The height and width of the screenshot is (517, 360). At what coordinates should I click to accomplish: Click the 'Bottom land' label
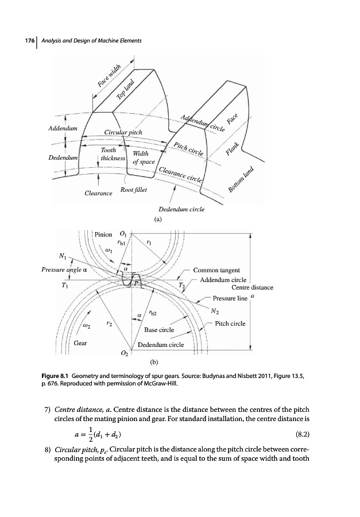point(241,179)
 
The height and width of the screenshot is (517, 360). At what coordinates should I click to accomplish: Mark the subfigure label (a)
point(157,219)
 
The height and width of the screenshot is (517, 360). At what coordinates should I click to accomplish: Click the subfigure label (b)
point(154,362)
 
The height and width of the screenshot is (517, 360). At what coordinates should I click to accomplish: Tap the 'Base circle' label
point(158,330)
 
